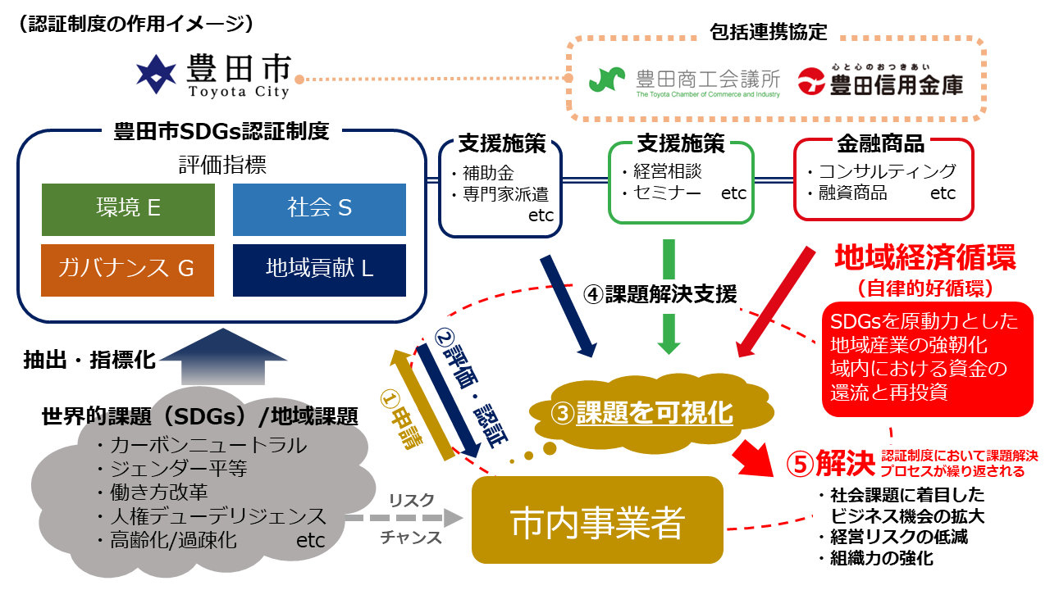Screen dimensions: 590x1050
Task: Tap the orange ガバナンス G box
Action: [128, 269]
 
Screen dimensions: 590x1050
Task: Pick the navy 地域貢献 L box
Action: [319, 269]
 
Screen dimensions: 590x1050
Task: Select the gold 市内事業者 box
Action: [596, 520]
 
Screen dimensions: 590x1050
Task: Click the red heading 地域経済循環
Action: [924, 258]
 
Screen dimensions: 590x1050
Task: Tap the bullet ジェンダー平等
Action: [177, 469]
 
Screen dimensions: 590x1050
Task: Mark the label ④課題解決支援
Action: [660, 294]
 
